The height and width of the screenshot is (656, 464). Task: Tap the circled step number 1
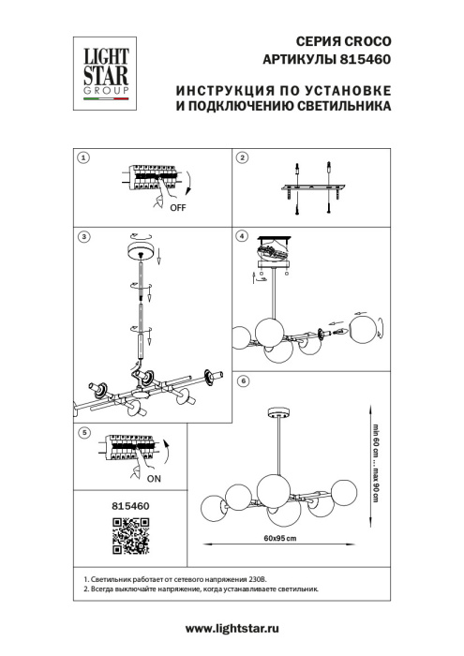tap(82, 158)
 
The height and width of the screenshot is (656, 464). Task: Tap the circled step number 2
tap(241, 158)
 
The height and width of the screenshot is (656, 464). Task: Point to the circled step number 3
tap(82, 238)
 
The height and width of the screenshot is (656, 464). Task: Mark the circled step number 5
tap(82, 433)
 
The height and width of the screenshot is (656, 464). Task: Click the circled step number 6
tap(243, 381)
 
